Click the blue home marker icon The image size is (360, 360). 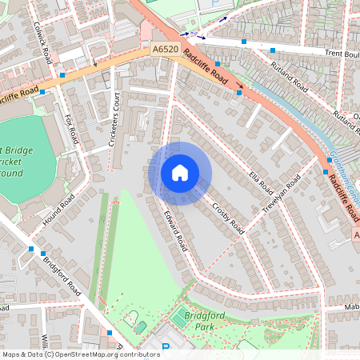[x=180, y=173]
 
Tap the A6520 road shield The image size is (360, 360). [x=165, y=50]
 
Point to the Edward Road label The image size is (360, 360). [x=175, y=231]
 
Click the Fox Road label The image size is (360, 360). [x=72, y=129]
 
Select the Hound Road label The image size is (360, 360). [x=58, y=209]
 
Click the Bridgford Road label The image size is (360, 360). [x=62, y=274]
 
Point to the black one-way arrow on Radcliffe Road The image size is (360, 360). [x=239, y=83]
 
